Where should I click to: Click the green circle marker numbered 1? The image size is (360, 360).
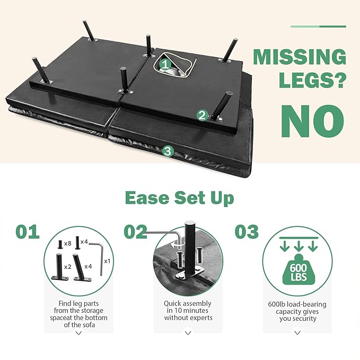pyautogui.click(x=165, y=65)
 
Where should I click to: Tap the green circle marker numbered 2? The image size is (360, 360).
pyautogui.click(x=203, y=115)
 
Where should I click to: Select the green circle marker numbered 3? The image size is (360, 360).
pyautogui.click(x=168, y=152)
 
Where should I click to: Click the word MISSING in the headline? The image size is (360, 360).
pyautogui.click(x=300, y=57)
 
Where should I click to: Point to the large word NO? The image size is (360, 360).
pyautogui.click(x=313, y=121)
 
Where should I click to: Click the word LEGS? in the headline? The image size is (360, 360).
pyautogui.click(x=312, y=80)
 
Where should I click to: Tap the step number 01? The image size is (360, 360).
pyautogui.click(x=28, y=232)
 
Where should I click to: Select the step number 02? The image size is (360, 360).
pyautogui.click(x=135, y=232)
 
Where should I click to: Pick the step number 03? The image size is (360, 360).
pyautogui.click(x=247, y=232)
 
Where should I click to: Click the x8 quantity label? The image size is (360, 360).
pyautogui.click(x=67, y=243)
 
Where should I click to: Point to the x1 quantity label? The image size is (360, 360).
pyautogui.click(x=107, y=261)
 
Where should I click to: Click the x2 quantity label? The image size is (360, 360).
pyautogui.click(x=67, y=267)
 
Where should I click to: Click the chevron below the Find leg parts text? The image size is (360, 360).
pyautogui.click(x=79, y=333)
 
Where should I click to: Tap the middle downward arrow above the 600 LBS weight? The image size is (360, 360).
pyautogui.click(x=298, y=247)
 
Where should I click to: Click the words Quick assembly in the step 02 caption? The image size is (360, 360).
pyautogui.click(x=187, y=303)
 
